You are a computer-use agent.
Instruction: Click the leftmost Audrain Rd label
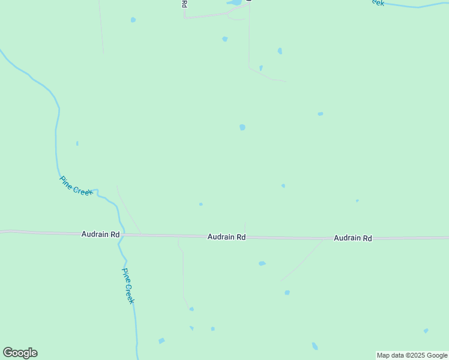pos(100,234)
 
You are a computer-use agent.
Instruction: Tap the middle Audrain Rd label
pos(226,237)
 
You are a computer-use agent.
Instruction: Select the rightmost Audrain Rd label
pos(352,238)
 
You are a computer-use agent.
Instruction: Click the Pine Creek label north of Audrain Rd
pos(76,185)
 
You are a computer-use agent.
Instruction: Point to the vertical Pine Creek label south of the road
pos(128,286)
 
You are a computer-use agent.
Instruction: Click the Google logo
pos(20,353)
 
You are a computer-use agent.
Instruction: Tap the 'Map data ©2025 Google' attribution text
pos(412,355)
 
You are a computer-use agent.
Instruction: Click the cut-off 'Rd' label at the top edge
pos(184,4)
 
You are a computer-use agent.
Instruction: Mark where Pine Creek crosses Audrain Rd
pos(121,235)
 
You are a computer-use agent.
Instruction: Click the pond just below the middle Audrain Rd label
pos(262,263)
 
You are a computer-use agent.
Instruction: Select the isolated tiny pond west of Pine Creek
pos(77,143)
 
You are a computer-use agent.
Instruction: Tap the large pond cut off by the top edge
pos(234,2)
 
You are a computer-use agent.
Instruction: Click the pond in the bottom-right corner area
pos(426,331)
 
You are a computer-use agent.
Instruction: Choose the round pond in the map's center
pos(242,127)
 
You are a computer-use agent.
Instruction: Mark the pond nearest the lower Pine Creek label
pos(161,341)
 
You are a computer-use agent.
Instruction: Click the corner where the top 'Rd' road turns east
pos(185,17)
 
